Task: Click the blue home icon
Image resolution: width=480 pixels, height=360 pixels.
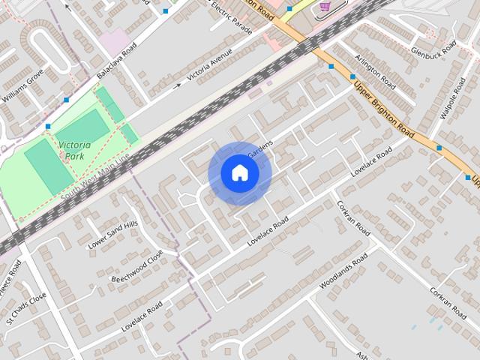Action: pos(239,173)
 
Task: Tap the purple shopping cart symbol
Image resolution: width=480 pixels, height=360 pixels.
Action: pos(325,6)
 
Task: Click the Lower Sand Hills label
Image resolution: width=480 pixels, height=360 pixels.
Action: pos(113,235)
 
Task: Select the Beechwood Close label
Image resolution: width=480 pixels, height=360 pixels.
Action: pos(137,267)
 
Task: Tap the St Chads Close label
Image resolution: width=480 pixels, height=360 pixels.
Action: pos(26,308)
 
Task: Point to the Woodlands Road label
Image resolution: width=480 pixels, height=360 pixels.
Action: pos(343,272)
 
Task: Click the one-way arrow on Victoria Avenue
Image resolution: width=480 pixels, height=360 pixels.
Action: pos(177,85)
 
